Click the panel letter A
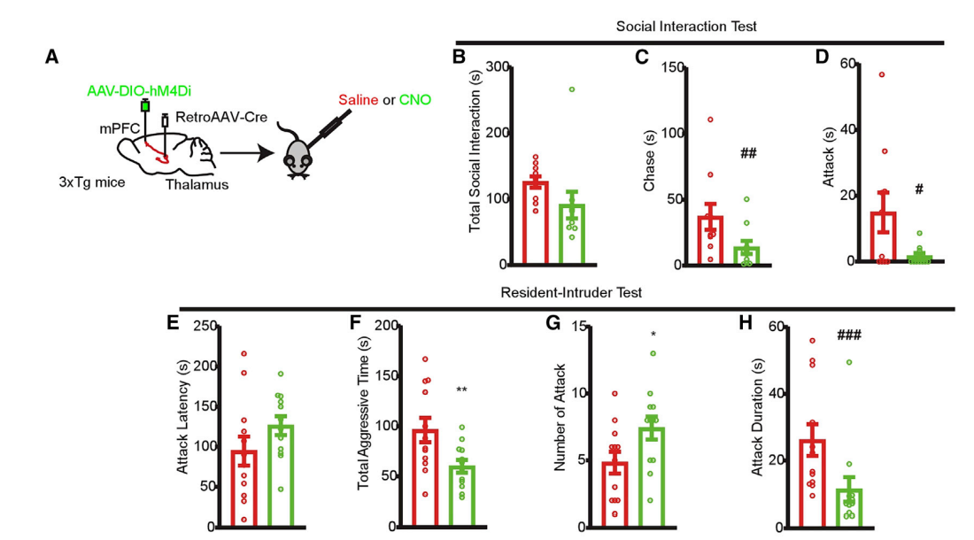coord(52,58)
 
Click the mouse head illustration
coord(298,159)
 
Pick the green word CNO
coord(415,100)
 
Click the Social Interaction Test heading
coord(686,27)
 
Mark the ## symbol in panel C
coord(748,154)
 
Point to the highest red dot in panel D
coord(882,74)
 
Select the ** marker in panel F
coord(461,390)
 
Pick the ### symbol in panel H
coord(849,335)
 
